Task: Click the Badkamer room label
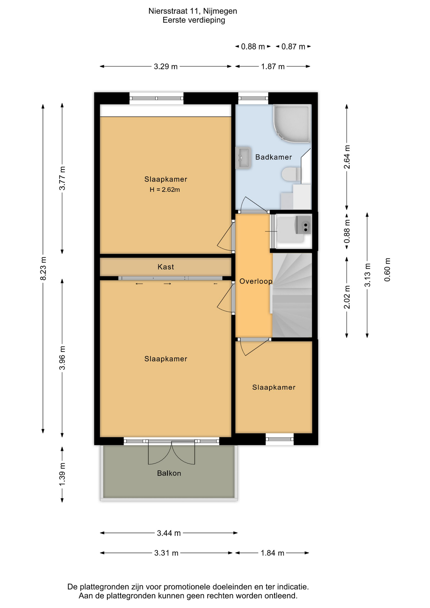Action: click(x=274, y=157)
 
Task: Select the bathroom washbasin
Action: click(x=243, y=157)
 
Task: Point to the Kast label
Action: click(x=166, y=267)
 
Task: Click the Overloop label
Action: click(x=256, y=281)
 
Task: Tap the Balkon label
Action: click(x=169, y=473)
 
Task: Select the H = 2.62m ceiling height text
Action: click(x=165, y=190)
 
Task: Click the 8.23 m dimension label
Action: click(x=43, y=269)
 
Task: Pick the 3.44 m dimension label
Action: click(x=169, y=533)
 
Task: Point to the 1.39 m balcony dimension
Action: click(x=62, y=474)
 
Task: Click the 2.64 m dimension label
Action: click(x=347, y=157)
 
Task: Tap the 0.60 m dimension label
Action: click(x=387, y=269)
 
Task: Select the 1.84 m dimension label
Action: click(x=272, y=553)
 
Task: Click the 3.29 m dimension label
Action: click(x=166, y=66)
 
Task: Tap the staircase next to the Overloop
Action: click(x=292, y=295)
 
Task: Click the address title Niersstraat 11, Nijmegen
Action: click(x=193, y=11)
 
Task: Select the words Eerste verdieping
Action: click(x=194, y=20)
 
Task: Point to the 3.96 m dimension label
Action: click(x=62, y=358)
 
